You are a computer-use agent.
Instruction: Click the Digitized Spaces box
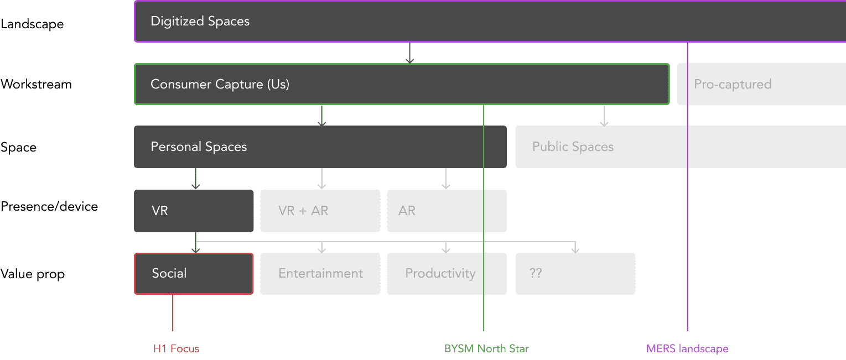click(490, 22)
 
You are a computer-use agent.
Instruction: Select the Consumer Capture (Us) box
click(401, 84)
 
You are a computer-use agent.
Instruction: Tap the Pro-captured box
click(761, 84)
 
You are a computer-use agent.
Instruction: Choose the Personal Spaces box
click(320, 147)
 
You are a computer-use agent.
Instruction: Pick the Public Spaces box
click(681, 147)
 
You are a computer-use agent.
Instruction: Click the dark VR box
click(194, 211)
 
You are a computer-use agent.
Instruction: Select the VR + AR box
click(320, 211)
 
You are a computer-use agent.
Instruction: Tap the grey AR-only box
click(447, 211)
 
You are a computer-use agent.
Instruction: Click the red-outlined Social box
click(194, 273)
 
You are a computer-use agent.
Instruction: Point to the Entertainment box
click(320, 273)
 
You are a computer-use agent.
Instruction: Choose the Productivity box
click(447, 273)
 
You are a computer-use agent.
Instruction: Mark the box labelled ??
click(575, 273)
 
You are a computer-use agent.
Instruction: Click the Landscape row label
click(32, 24)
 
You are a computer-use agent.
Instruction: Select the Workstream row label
click(36, 85)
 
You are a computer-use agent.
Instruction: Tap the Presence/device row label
click(49, 207)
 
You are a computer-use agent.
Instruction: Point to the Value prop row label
click(33, 274)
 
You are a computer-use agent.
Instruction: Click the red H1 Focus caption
click(176, 349)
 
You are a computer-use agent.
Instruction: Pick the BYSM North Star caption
click(487, 349)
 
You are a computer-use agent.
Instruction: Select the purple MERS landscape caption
click(687, 349)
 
